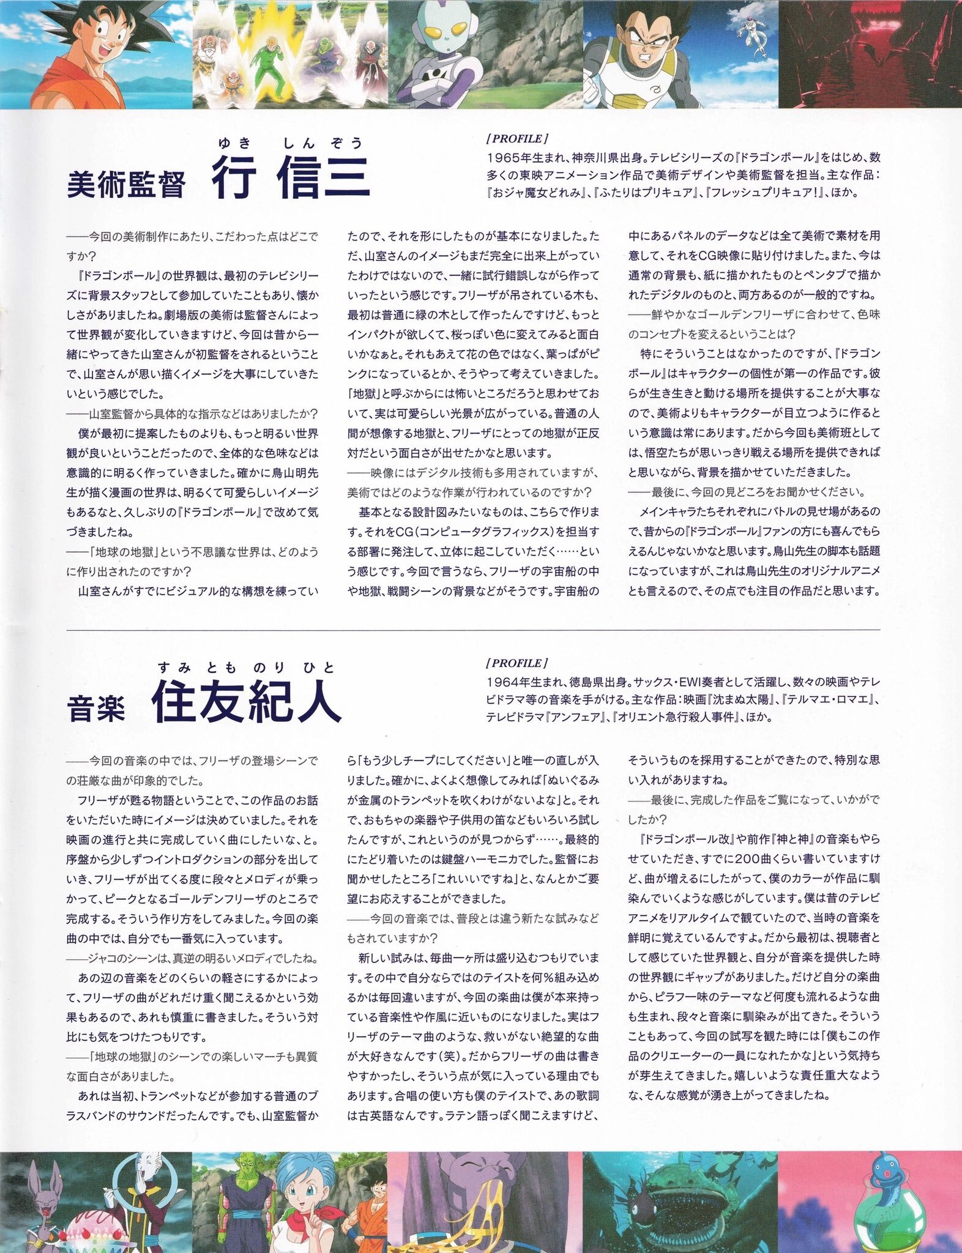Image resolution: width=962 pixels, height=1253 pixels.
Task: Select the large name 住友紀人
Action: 246,704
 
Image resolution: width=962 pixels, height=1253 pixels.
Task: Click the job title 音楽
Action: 96,712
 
